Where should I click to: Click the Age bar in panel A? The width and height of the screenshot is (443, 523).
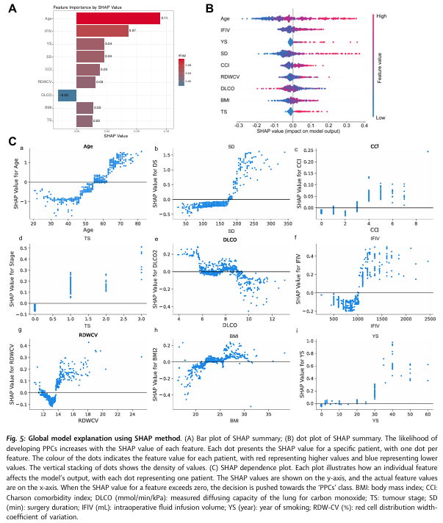118,18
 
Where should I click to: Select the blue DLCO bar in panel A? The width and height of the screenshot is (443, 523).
67,95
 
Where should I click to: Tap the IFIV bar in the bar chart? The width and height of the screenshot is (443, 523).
102,31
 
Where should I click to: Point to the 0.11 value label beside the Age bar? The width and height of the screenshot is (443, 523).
165,18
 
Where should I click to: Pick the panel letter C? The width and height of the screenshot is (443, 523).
12,140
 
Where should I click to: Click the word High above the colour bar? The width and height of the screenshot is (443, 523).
381,15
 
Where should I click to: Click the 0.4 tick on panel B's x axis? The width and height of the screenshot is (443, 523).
362,125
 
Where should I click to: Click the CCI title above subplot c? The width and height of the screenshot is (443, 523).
374,146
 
